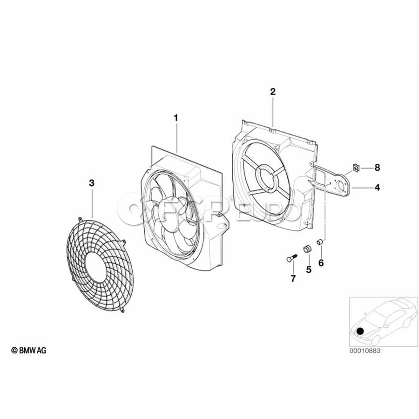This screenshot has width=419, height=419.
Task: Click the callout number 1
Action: tap(176, 118)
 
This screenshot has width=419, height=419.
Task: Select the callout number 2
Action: tap(272, 92)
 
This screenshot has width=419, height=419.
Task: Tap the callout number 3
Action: tap(92, 183)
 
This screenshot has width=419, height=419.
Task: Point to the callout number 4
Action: tap(377, 187)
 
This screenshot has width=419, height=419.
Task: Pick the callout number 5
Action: tap(309, 270)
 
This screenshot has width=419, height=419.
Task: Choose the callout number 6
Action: tap(321, 263)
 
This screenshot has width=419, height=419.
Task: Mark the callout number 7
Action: tap(293, 279)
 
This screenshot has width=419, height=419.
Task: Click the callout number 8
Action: tap(377, 168)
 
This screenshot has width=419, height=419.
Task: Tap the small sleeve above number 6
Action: tap(320, 242)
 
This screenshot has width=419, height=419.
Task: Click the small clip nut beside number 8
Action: tap(356, 168)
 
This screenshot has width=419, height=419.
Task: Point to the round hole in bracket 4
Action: tap(342, 185)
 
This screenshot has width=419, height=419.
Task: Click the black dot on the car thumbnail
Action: tap(360, 331)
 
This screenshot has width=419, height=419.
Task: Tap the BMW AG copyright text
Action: tap(28, 350)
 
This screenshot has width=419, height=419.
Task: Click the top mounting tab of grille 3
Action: tap(80, 219)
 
